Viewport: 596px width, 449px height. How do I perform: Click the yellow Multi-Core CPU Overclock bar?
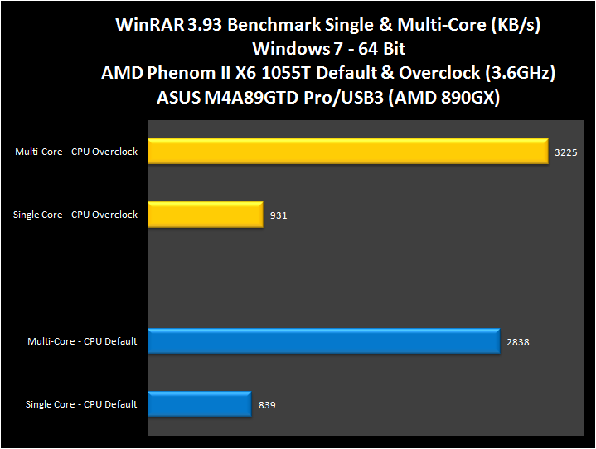(348, 152)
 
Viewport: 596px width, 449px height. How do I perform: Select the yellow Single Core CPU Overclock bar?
(206, 215)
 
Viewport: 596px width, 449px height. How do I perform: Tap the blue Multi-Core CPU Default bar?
(324, 340)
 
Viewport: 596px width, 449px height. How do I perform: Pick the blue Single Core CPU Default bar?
(200, 404)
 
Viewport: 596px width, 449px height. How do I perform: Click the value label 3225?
(565, 152)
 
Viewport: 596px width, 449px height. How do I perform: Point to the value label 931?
(279, 215)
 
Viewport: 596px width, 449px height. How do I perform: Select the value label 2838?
(517, 341)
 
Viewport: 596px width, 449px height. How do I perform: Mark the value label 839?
(267, 405)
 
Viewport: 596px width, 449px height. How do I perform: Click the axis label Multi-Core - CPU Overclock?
(76, 152)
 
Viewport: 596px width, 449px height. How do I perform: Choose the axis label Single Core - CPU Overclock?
(75, 215)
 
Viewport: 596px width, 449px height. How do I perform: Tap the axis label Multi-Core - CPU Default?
(82, 341)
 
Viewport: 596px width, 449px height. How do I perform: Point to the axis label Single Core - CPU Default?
(81, 405)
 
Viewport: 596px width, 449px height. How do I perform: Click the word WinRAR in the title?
(152, 26)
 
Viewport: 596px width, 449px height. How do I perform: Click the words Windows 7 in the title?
(288, 49)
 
